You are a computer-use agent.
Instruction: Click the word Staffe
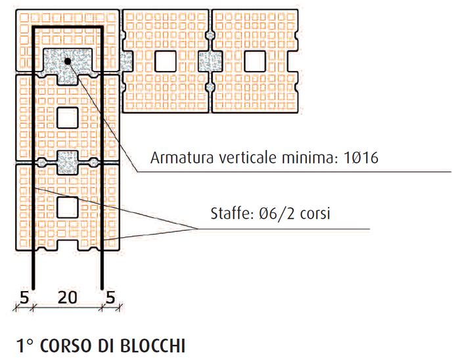coord(227,214)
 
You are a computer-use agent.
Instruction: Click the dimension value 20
coord(67,297)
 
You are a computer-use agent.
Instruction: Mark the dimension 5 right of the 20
coord(110,297)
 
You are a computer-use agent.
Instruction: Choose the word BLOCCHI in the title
coord(156,344)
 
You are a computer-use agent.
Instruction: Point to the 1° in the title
coord(26,344)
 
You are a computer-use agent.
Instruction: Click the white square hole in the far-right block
coord(254,61)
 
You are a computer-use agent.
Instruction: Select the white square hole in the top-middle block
coord(166,61)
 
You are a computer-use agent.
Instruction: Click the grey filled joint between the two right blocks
coord(210,61)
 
